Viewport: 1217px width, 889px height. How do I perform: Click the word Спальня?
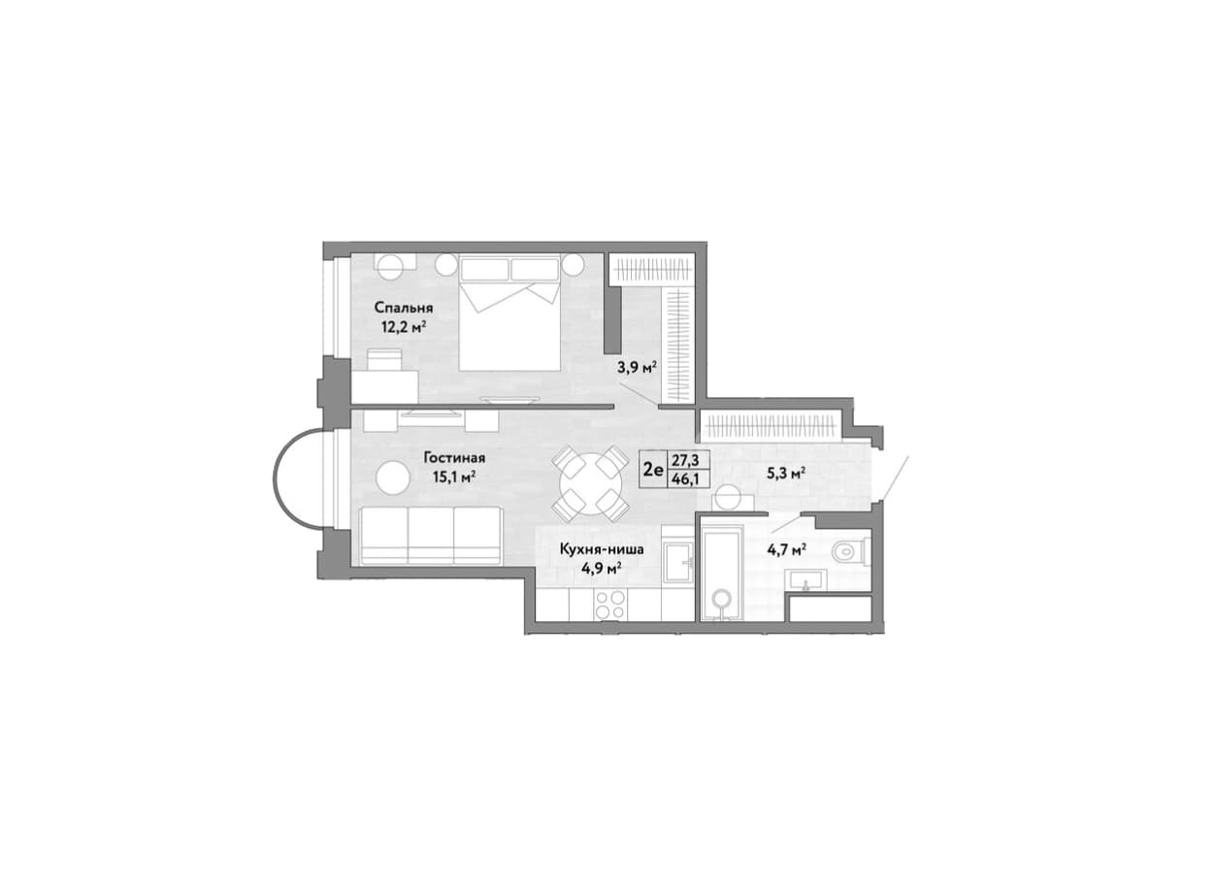[x=404, y=308]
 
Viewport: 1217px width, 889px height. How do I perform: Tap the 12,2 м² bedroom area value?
[x=403, y=327]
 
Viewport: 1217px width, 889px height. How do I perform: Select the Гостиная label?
[x=454, y=458]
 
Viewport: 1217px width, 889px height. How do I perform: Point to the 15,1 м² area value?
[x=454, y=477]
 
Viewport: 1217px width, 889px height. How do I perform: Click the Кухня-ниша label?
[x=602, y=549]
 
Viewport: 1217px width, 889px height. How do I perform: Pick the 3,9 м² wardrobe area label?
[x=638, y=368]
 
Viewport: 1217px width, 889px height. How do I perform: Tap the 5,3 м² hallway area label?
[x=786, y=474]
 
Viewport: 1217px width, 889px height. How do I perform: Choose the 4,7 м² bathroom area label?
[x=786, y=551]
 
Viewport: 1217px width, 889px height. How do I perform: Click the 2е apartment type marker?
[x=653, y=470]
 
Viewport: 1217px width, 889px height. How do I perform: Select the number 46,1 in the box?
[x=685, y=480]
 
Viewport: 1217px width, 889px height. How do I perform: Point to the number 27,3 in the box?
[x=685, y=461]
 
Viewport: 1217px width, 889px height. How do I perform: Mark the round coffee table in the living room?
[x=393, y=478]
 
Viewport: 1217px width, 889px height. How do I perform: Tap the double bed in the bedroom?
[x=510, y=313]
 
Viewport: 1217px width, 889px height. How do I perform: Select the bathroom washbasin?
[x=807, y=579]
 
